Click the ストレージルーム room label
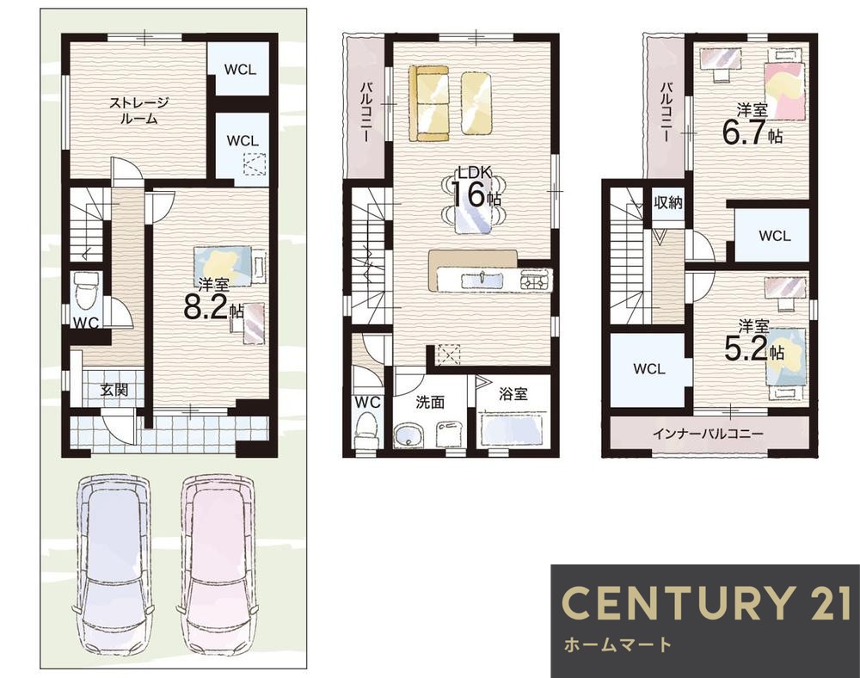tap(138, 110)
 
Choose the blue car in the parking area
tap(114, 565)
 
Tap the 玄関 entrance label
tap(114, 390)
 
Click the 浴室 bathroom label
tap(513, 393)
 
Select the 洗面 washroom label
tap(429, 402)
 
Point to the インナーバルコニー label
tap(708, 434)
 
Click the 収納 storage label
tap(668, 202)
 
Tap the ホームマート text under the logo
tap(617, 644)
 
